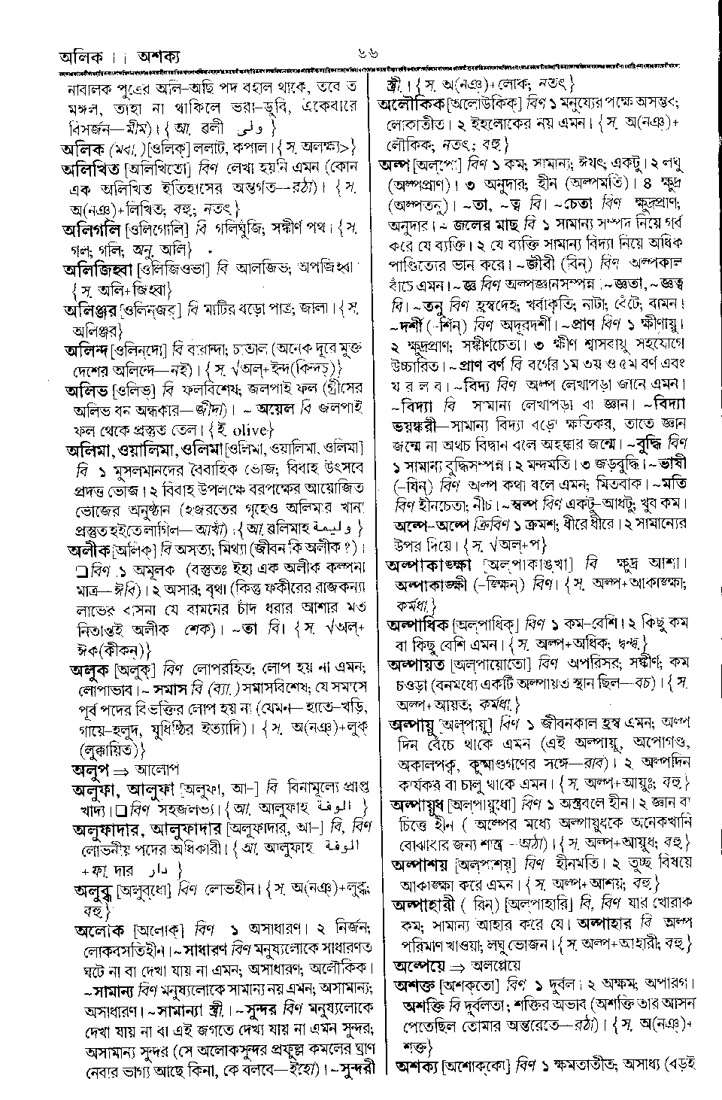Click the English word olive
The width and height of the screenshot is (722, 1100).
point(246,430)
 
